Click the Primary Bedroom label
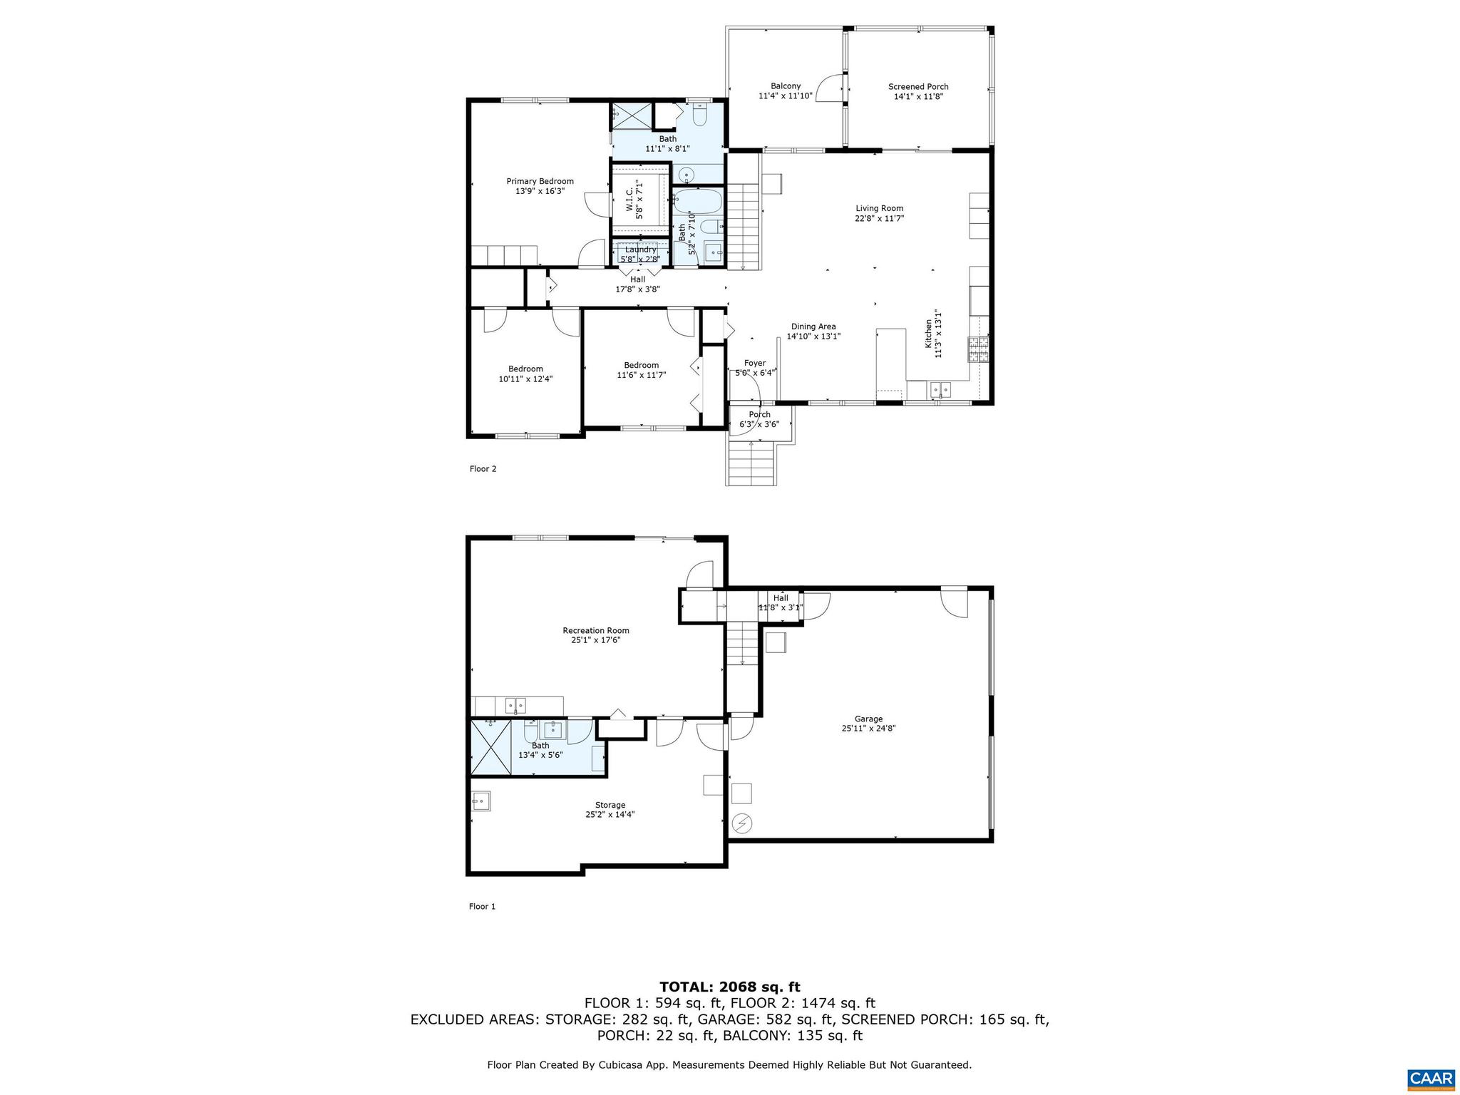[540, 181]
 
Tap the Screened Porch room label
[918, 87]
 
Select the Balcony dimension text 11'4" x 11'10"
[786, 96]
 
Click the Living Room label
[879, 208]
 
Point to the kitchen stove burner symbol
[978, 349]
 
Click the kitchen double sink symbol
[940, 389]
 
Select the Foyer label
[754, 363]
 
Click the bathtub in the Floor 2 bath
[697, 202]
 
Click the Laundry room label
[640, 250]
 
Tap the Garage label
[868, 719]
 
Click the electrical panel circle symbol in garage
[742, 824]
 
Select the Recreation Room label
[596, 630]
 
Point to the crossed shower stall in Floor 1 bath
[491, 746]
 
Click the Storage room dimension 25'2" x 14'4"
[610, 814]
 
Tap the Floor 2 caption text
[483, 468]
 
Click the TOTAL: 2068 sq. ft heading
[729, 987]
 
